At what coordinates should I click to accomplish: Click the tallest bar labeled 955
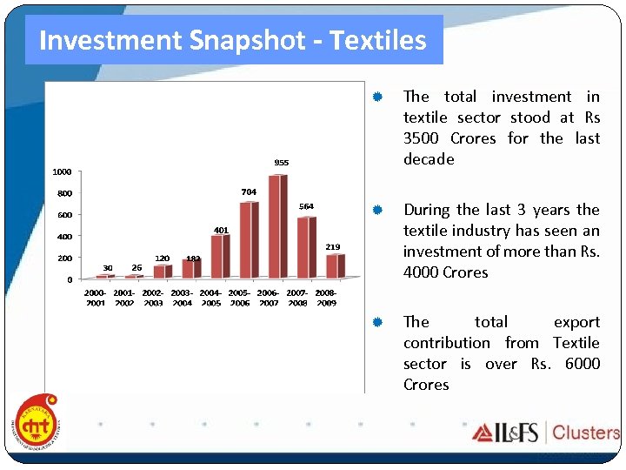277,226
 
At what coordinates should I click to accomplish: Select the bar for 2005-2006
249,239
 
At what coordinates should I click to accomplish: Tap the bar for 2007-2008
306,247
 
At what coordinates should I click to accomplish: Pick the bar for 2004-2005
220,256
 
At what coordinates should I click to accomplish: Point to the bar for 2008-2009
335,266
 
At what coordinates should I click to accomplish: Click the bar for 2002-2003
163,272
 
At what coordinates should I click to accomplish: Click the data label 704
248,191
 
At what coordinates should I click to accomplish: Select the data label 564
306,206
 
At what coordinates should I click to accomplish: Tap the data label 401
221,230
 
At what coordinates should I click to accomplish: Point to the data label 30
107,267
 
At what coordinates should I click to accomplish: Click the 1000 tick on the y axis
61,171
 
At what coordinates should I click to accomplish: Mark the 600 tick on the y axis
65,215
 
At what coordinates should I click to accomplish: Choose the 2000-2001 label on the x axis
96,298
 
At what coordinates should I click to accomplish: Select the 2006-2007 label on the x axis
268,298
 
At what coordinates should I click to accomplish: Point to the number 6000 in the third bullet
582,364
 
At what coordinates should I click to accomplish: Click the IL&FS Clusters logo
545,433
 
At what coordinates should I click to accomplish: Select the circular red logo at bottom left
37,423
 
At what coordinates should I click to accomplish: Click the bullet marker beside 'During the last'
378,210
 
